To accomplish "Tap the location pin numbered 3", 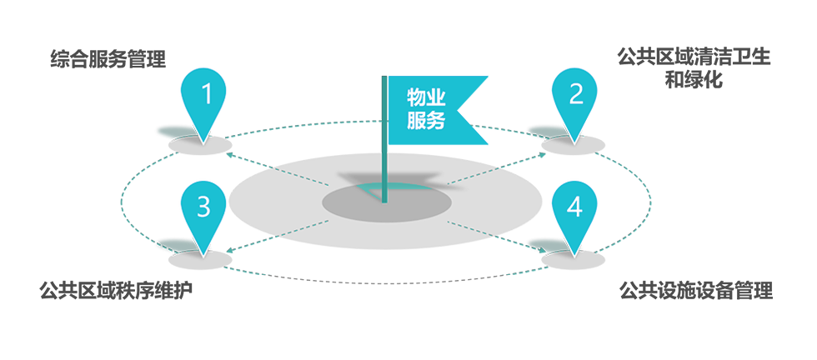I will (x=203, y=207).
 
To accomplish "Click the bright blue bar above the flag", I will (x=454, y=56).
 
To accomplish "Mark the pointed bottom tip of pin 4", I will (x=574, y=251).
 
